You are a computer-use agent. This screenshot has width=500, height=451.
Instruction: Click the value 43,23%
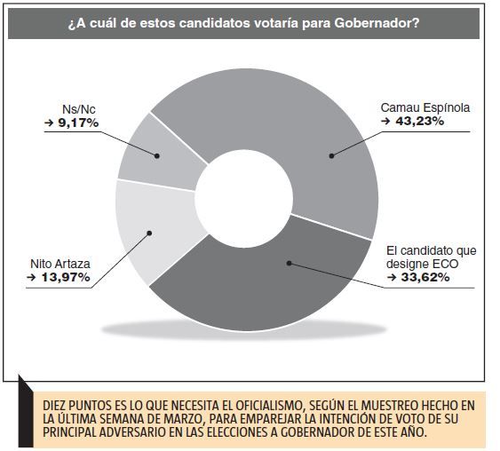tap(420, 122)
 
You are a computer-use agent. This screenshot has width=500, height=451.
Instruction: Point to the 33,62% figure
tap(425, 277)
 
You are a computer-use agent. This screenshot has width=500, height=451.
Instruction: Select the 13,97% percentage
tap(66, 277)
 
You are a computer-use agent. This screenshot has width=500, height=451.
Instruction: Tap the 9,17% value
tap(78, 123)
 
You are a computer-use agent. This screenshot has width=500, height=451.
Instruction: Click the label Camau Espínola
tap(425, 108)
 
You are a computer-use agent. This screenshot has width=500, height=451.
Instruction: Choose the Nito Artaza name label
tap(60, 264)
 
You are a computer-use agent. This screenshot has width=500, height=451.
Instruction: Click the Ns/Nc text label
tap(79, 109)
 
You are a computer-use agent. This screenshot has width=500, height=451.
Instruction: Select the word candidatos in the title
tap(210, 23)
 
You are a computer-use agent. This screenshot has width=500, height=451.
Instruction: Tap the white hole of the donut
tap(244, 199)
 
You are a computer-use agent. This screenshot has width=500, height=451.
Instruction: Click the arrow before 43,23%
tap(385, 122)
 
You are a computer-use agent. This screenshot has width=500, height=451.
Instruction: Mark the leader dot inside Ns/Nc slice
tap(157, 156)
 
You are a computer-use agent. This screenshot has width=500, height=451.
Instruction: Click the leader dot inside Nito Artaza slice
tap(149, 233)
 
